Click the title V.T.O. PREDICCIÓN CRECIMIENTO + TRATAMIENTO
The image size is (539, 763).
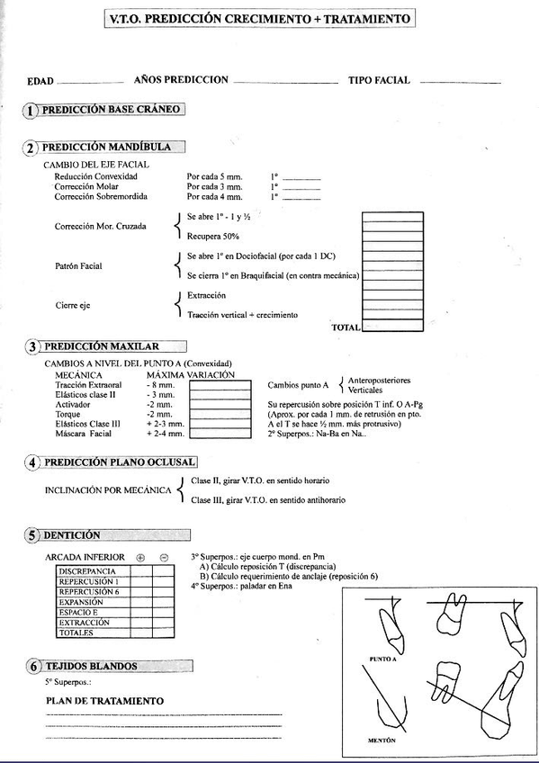[x=260, y=18]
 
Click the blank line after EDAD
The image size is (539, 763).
[x=89, y=82]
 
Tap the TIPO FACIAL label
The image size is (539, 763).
[x=379, y=80]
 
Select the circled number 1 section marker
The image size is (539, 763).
[x=31, y=111]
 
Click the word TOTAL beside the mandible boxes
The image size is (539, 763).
[x=346, y=328]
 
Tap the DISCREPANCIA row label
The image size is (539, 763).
[x=87, y=571]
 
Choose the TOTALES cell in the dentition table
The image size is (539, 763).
[x=76, y=633]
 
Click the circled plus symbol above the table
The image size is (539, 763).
[x=140, y=558]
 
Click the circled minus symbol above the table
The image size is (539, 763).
[x=164, y=558]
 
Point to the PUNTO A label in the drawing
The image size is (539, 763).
[x=383, y=660]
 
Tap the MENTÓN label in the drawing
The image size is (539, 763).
[x=382, y=741]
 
